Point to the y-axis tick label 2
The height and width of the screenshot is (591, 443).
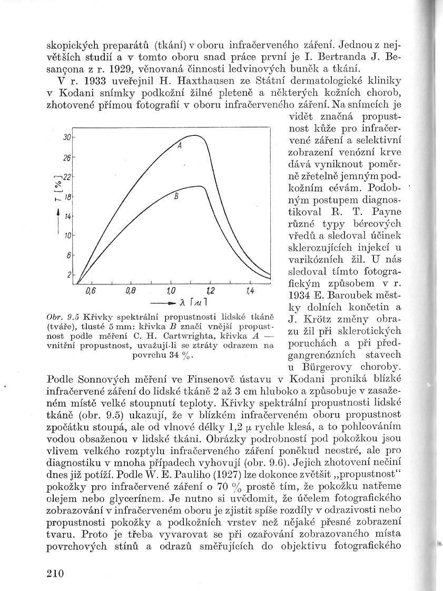click(69, 274)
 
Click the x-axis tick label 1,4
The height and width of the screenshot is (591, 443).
click(250, 291)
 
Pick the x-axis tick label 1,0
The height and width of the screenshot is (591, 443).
click(171, 291)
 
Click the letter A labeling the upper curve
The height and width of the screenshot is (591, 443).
click(180, 146)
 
